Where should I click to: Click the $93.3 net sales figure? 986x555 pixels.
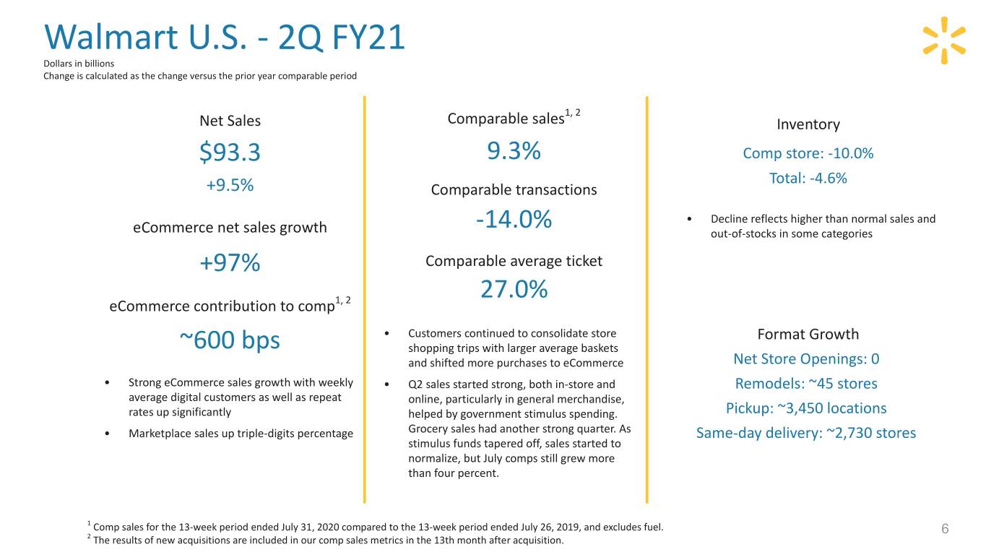click(x=230, y=153)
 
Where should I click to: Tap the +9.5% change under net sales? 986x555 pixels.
click(x=230, y=185)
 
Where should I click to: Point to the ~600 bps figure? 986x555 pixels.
click(x=230, y=340)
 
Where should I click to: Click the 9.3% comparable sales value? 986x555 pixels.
click(x=514, y=152)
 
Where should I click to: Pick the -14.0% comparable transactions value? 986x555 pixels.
click(x=514, y=220)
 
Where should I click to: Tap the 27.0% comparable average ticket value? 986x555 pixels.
click(x=514, y=289)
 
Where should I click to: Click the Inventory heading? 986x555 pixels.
click(x=808, y=124)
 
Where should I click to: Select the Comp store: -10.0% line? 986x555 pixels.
click(x=808, y=153)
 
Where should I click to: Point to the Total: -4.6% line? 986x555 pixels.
click(x=808, y=178)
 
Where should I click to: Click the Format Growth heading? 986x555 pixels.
click(x=808, y=334)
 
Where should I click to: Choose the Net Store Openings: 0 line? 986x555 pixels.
click(x=806, y=359)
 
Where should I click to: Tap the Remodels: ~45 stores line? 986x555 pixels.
click(x=806, y=384)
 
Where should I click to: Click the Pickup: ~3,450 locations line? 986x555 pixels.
click(x=806, y=408)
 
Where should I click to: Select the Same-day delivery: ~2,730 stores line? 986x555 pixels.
click(x=806, y=433)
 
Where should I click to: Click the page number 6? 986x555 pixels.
click(x=944, y=530)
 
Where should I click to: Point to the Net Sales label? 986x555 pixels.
click(x=230, y=121)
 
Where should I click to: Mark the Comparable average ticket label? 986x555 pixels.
click(x=514, y=261)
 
